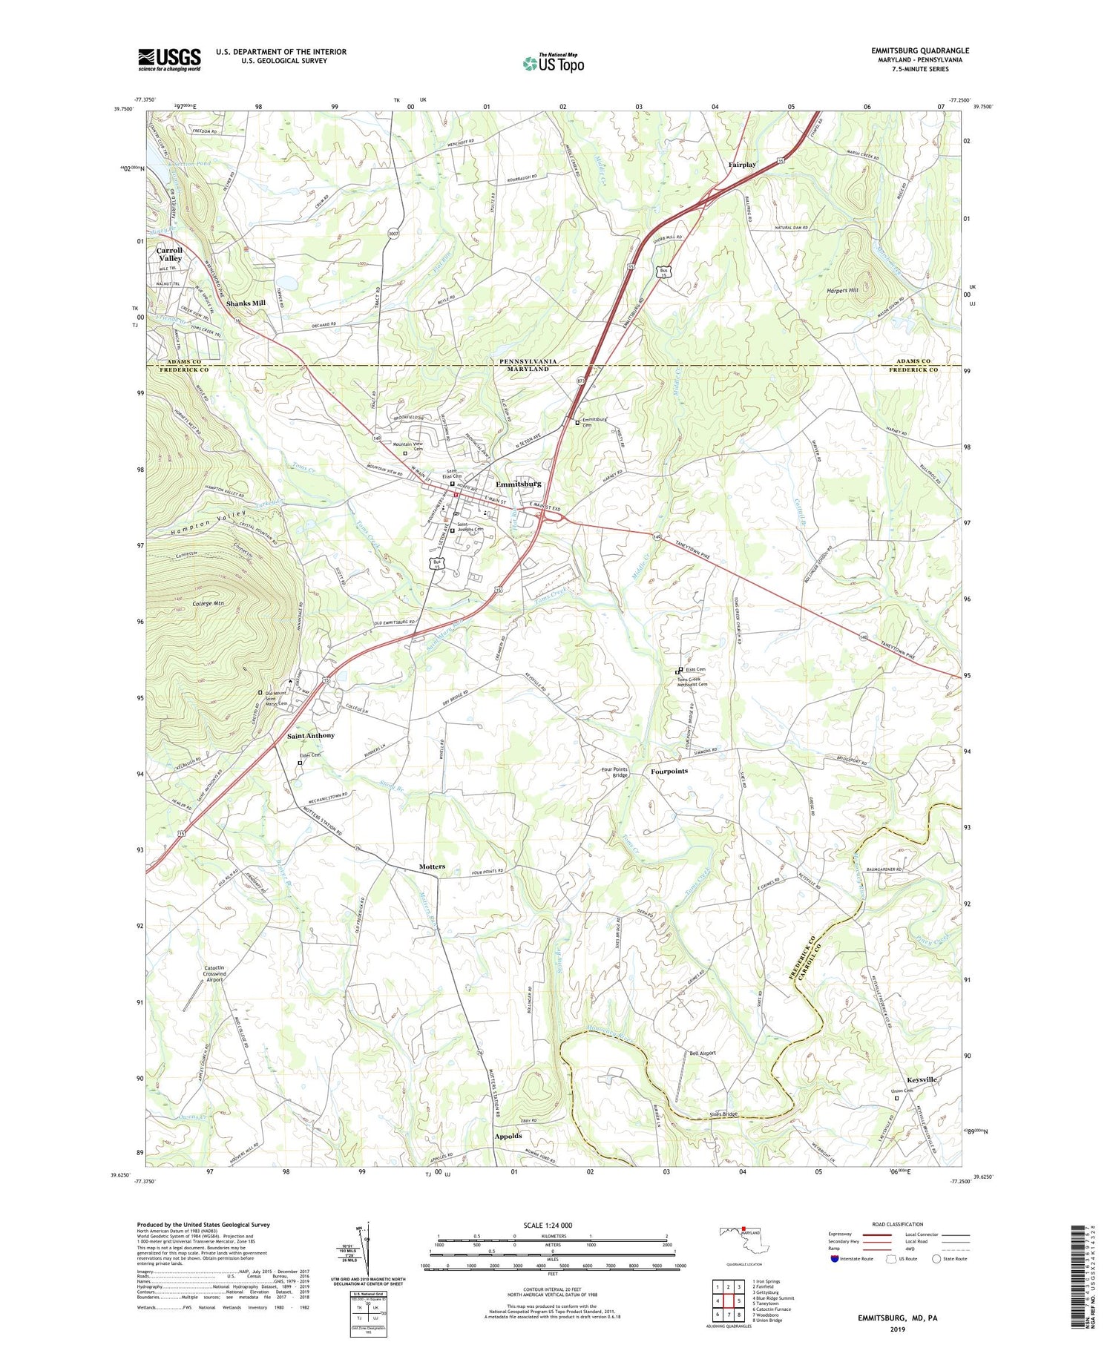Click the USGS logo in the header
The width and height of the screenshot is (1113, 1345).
[x=169, y=59]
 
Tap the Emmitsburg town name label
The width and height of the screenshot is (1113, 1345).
[x=519, y=484]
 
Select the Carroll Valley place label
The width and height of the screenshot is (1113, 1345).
[x=169, y=254]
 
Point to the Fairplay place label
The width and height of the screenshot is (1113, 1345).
[x=742, y=165]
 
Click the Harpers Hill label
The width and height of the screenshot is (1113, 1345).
[x=842, y=290]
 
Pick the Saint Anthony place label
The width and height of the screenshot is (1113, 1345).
[x=311, y=735]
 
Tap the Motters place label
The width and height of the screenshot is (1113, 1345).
[x=432, y=866]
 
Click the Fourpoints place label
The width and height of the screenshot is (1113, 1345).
[x=669, y=771]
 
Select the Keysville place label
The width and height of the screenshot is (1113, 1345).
[x=922, y=1079]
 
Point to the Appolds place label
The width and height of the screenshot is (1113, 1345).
[x=508, y=1136]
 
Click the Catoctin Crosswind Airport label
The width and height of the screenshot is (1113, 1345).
[x=214, y=973]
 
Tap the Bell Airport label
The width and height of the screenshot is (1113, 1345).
[x=703, y=1053]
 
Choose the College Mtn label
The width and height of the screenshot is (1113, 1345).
[x=209, y=604]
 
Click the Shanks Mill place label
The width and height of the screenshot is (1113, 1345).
[x=246, y=303]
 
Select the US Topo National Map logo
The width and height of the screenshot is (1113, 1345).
[x=553, y=64]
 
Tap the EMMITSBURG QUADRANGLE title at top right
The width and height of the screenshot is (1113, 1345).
[x=919, y=50]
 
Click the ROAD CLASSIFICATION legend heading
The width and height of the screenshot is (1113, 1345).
[x=898, y=1224]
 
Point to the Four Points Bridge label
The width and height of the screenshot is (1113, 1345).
[x=615, y=772]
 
